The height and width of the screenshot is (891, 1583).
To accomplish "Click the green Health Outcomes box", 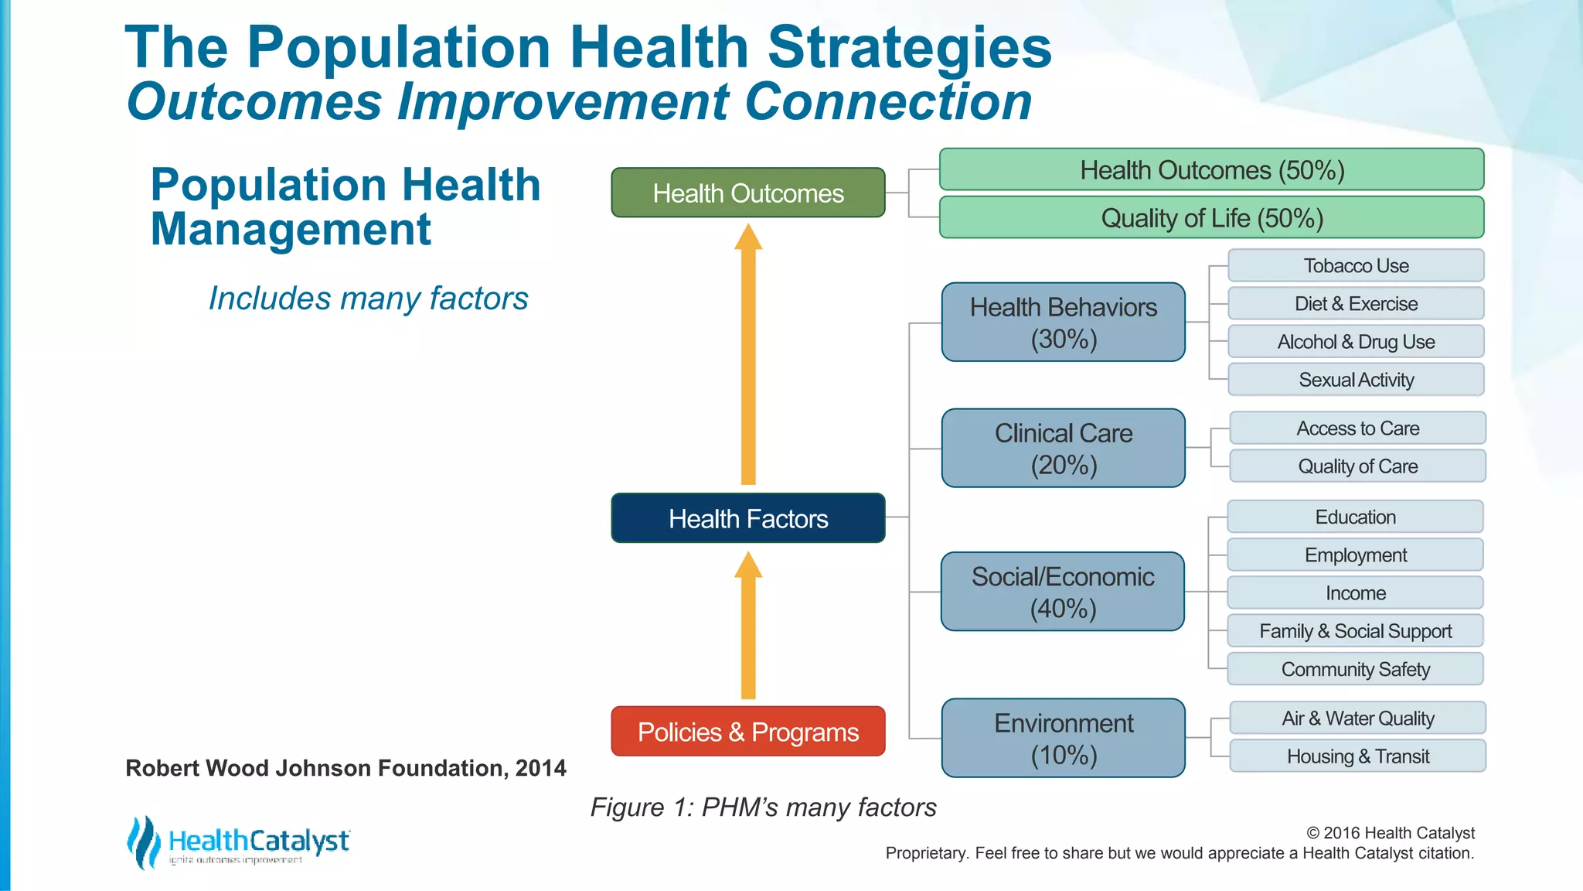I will click(747, 193).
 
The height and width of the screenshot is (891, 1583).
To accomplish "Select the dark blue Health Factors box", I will click(747, 518).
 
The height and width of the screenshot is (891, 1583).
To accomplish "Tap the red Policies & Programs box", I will click(747, 732).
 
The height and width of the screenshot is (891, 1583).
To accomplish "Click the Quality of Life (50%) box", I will click(1211, 218).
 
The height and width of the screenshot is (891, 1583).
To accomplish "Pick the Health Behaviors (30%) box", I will click(1063, 323).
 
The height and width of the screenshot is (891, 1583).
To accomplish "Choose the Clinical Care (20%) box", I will click(1063, 449).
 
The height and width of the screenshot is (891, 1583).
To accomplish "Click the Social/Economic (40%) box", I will click(1062, 592).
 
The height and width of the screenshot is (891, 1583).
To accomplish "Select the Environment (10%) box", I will click(1063, 738).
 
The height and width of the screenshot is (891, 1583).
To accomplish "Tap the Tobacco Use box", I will click(1356, 266).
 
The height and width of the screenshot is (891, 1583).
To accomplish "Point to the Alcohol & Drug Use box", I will click(1356, 342).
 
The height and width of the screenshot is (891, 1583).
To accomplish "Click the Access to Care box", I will click(1357, 428).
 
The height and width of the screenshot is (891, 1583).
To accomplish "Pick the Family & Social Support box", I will click(1355, 631).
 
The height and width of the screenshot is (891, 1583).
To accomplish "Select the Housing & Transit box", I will click(1357, 756).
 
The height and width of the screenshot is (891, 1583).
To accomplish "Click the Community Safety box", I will click(1355, 669).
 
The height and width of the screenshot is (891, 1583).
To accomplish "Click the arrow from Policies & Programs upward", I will click(747, 626).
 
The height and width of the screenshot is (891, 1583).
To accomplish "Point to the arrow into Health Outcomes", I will click(747, 356).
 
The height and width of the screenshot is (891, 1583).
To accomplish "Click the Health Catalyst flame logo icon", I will click(143, 842).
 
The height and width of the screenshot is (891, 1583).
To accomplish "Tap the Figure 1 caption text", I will click(763, 807).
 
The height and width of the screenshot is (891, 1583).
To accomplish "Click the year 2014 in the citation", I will click(540, 768).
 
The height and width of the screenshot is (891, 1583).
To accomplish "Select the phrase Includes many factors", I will click(368, 299).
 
